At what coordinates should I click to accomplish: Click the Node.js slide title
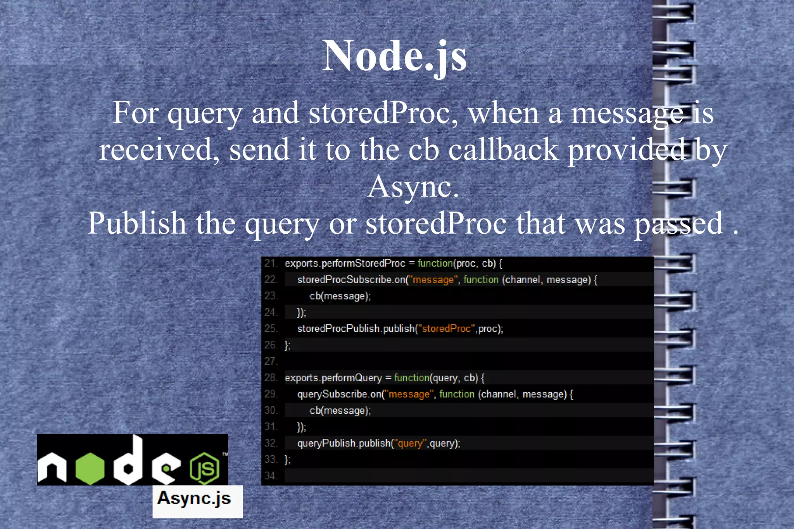395,56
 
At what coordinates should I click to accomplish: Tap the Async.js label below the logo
194,498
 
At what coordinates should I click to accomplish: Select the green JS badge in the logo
204,469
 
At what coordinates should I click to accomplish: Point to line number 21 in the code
271,264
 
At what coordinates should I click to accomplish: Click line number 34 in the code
271,476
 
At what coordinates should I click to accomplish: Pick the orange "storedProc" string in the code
446,329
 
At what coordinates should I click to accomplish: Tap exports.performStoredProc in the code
345,264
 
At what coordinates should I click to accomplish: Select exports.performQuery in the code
333,378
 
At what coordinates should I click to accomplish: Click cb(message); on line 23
340,296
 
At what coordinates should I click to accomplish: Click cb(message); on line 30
340,410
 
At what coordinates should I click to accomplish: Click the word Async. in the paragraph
413,187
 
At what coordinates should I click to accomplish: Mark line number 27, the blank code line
271,361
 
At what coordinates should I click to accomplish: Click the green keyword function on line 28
412,378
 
